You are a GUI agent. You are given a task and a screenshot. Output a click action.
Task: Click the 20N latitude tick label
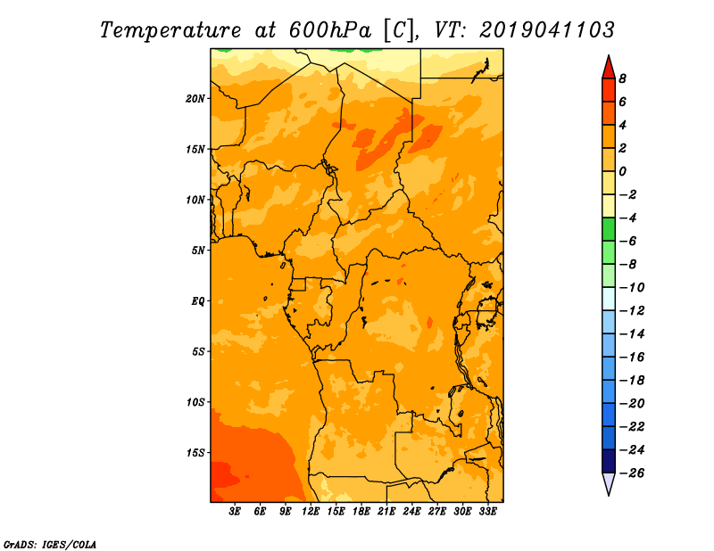(x=195, y=99)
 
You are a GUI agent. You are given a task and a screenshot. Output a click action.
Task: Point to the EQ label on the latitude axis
(x=198, y=301)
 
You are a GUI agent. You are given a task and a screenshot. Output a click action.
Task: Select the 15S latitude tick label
(x=195, y=453)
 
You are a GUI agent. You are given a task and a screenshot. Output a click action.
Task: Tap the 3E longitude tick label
(x=235, y=511)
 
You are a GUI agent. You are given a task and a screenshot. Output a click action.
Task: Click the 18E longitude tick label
(x=361, y=511)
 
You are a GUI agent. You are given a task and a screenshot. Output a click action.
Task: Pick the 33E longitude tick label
(x=487, y=511)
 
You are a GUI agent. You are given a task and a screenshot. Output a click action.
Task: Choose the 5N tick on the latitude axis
(x=198, y=251)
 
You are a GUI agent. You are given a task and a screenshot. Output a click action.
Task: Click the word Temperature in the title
(x=170, y=30)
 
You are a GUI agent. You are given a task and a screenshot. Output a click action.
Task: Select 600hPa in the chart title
(x=330, y=30)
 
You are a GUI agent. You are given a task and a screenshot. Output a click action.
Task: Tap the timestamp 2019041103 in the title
(x=547, y=30)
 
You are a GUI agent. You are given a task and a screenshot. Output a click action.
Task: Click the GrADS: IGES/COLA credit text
(x=50, y=544)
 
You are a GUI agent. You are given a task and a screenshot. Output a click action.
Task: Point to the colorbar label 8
(x=622, y=78)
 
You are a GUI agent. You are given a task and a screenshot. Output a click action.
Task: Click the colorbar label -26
(x=632, y=473)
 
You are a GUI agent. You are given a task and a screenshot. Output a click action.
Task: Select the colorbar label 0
(x=622, y=171)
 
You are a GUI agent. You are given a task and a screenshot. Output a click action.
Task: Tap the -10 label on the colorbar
(x=632, y=288)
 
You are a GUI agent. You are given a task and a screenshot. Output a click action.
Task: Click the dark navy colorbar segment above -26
(x=609, y=461)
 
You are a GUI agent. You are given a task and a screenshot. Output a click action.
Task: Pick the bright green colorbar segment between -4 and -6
(x=609, y=229)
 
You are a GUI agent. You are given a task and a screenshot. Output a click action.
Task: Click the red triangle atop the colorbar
(x=609, y=68)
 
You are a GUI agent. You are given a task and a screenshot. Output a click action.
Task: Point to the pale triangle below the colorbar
(x=609, y=483)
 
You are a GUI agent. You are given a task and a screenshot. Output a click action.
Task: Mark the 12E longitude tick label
(x=311, y=511)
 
